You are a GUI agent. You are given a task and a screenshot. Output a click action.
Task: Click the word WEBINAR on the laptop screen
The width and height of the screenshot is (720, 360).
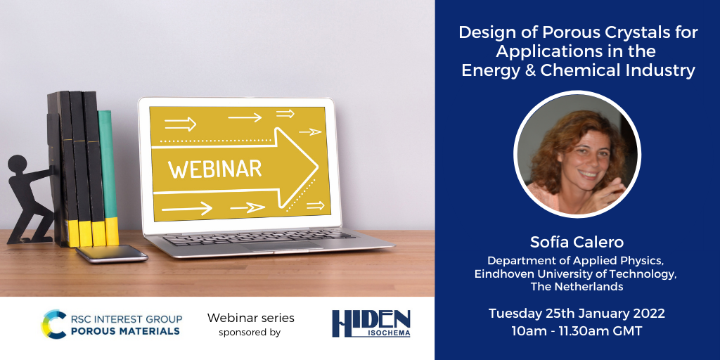tap(215, 169)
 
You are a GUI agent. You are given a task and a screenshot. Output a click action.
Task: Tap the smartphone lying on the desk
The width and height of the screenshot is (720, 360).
tap(112, 253)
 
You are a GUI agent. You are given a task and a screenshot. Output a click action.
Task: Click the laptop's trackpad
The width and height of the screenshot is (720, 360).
tap(281, 246)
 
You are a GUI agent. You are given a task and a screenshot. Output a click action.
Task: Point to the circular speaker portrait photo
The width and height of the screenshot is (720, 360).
tap(577, 154)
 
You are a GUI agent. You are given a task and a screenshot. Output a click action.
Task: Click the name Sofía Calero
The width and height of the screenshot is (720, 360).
tap(577, 242)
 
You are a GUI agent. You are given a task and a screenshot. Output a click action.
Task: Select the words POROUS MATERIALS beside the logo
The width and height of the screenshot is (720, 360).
tap(125, 330)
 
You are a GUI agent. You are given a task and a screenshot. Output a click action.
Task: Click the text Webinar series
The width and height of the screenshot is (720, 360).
tap(251, 318)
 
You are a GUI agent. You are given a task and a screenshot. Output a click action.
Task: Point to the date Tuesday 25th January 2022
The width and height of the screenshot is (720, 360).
tap(577, 314)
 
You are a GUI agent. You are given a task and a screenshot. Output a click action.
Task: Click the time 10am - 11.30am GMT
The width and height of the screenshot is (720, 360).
tap(577, 331)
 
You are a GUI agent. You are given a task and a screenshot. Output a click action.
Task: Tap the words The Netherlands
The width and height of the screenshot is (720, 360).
tap(577, 287)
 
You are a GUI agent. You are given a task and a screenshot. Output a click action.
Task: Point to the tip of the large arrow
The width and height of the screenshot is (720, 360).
tap(319, 167)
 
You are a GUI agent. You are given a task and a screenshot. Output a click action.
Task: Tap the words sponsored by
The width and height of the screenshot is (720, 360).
tap(250, 333)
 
